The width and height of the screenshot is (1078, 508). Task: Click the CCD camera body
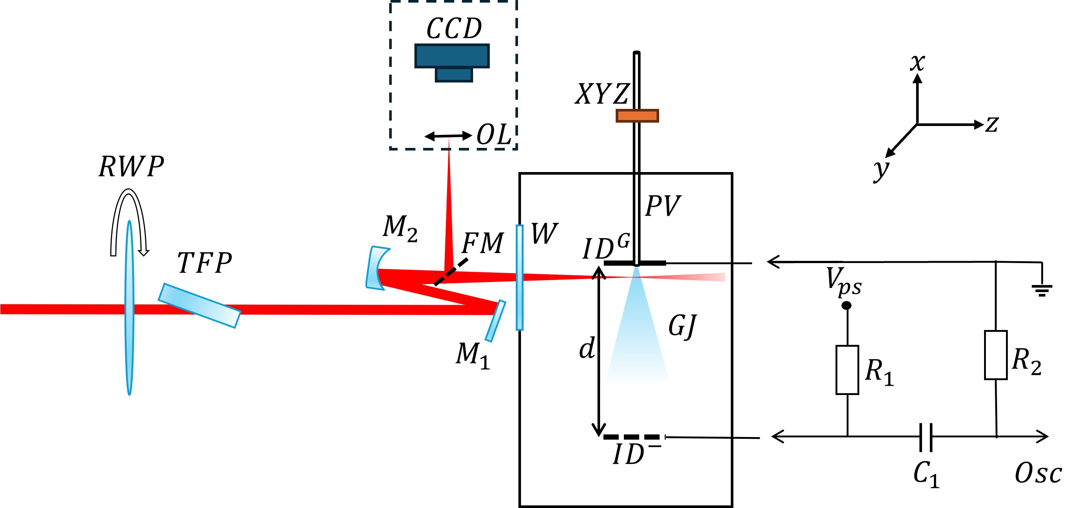(452, 56)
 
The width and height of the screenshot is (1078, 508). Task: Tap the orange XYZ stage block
(637, 116)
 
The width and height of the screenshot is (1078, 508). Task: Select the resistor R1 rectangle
(847, 370)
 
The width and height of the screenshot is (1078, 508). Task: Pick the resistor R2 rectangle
(996, 355)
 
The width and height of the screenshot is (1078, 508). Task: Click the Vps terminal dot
(846, 306)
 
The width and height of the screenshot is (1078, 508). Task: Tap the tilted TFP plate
(199, 306)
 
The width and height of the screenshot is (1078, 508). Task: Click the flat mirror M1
(495, 321)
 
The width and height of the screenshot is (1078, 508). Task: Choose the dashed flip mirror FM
(451, 272)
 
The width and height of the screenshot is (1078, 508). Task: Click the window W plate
(520, 278)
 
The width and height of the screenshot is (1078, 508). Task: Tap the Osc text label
(1038, 474)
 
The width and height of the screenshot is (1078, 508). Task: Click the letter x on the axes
(917, 63)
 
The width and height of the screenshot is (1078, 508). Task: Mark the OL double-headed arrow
(448, 136)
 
